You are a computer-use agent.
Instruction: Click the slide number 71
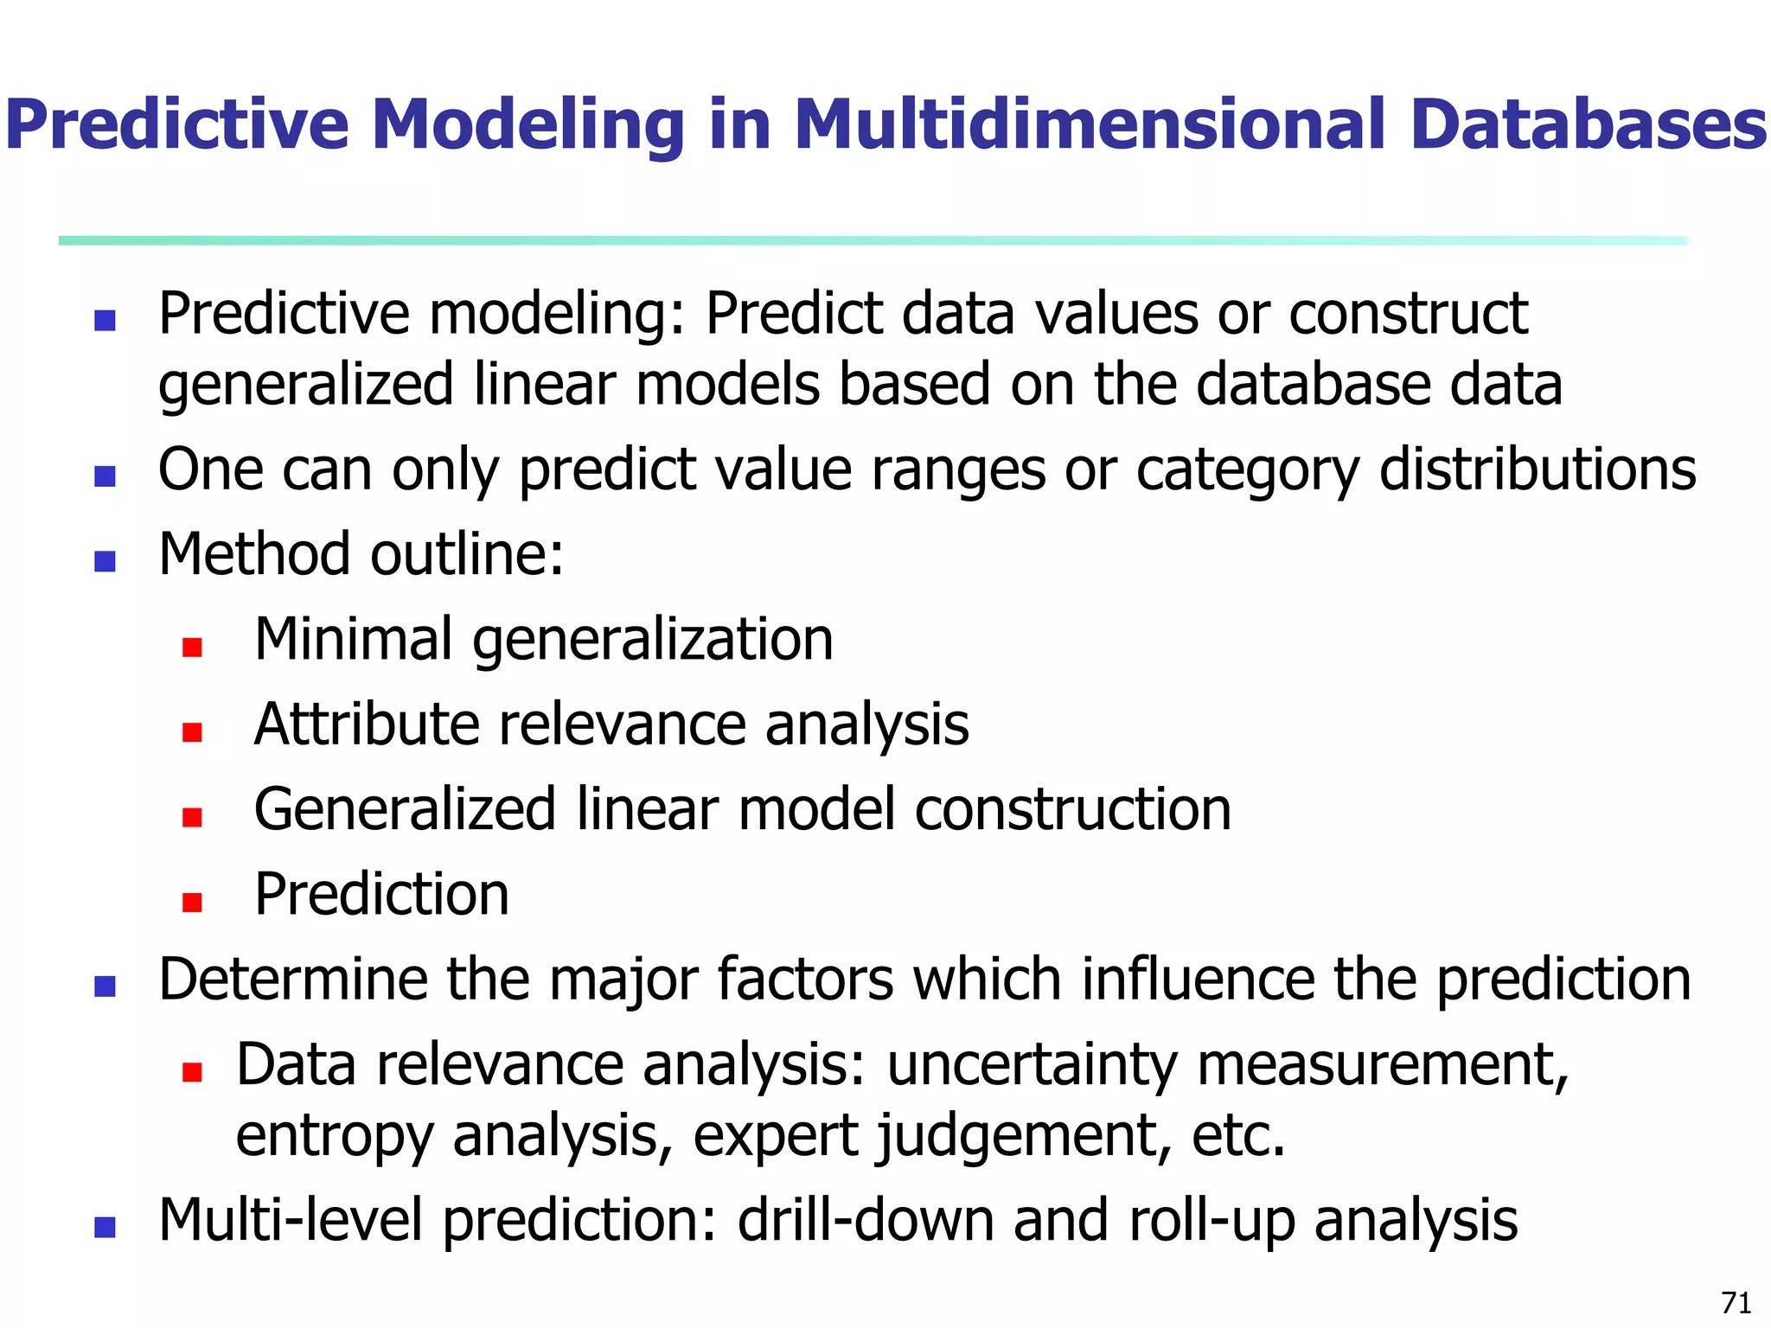[1736, 1302]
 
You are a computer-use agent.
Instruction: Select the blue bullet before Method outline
[105, 562]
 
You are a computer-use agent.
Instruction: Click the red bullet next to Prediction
[192, 903]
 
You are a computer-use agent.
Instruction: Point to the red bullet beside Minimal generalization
[192, 648]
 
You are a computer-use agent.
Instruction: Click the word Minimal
[353, 640]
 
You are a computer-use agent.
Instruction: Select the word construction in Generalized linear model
[1072, 810]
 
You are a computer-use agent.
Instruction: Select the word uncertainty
[1032, 1066]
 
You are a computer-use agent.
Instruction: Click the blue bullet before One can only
[105, 476]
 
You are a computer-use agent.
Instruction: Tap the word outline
[467, 555]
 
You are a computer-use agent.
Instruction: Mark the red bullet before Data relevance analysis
[192, 1073]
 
